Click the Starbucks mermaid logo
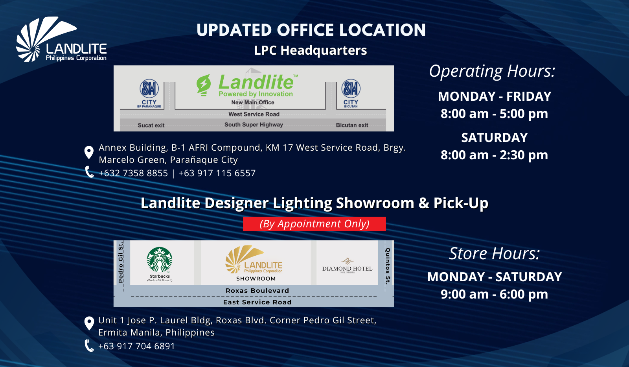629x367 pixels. [x=160, y=260]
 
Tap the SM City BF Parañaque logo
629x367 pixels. [x=149, y=93]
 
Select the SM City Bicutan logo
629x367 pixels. [x=351, y=93]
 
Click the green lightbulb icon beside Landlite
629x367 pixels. [x=204, y=85]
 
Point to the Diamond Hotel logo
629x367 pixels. [x=348, y=266]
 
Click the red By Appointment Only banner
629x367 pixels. [x=314, y=224]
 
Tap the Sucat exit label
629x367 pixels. [x=151, y=125]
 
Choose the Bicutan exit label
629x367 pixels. [x=352, y=125]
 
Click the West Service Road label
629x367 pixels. [x=254, y=114]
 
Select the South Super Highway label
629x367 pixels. [x=254, y=124]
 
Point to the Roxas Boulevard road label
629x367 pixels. [x=257, y=291]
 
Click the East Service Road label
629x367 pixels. [x=257, y=302]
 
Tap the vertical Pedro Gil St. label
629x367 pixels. [x=121, y=262]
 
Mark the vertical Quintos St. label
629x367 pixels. [x=388, y=266]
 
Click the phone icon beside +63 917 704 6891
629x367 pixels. [x=89, y=346]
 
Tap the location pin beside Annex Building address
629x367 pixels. [x=89, y=152]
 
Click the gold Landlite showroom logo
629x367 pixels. [x=254, y=260]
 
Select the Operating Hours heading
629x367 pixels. [x=492, y=71]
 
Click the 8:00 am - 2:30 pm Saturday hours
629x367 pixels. [x=494, y=155]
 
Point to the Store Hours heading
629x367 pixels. [x=495, y=253]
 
